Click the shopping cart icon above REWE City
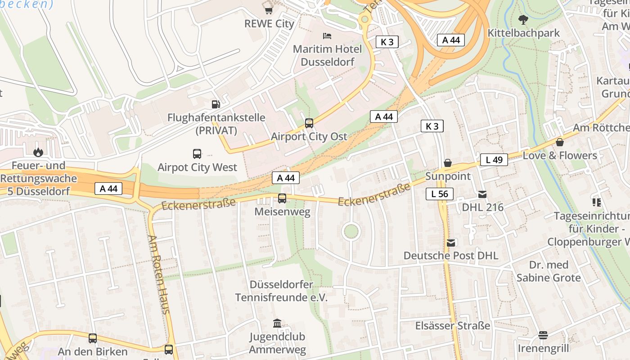(269, 10)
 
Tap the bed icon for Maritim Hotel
(327, 36)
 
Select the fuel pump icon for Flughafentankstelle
(216, 104)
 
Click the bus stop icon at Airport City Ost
(309, 123)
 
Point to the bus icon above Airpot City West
(197, 154)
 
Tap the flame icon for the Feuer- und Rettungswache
(38, 152)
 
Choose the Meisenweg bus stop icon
(282, 198)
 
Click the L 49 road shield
(494, 159)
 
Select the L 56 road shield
(439, 194)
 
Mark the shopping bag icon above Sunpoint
(448, 163)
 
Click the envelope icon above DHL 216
(482, 194)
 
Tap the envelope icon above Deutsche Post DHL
(451, 243)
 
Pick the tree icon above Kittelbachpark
(523, 20)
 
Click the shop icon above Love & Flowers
(560, 142)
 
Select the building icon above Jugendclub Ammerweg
(277, 323)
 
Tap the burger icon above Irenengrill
(543, 335)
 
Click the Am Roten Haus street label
(159, 274)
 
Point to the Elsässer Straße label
(452, 325)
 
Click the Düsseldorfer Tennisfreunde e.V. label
(281, 291)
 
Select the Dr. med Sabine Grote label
(549, 271)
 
